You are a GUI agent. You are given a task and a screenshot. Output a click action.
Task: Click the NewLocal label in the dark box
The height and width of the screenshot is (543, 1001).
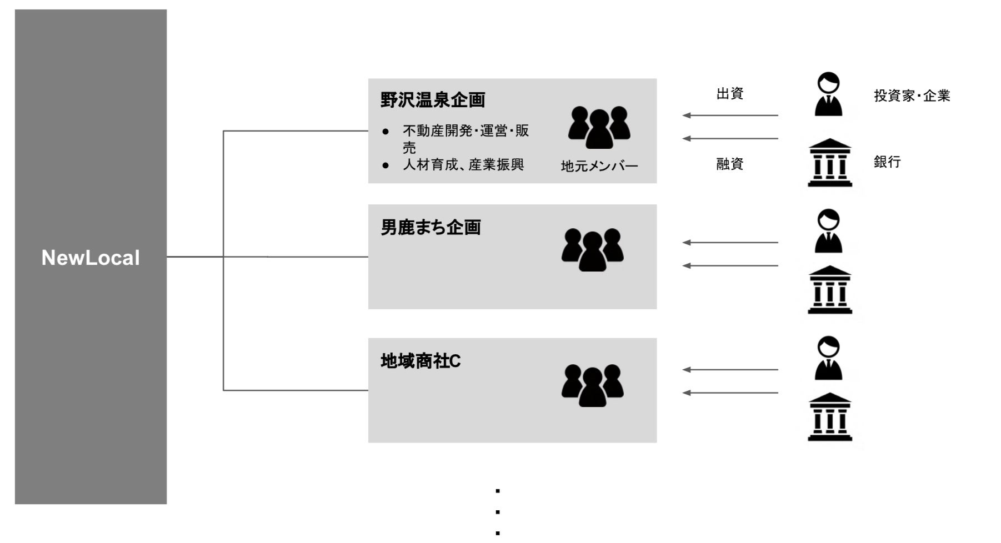click(x=91, y=258)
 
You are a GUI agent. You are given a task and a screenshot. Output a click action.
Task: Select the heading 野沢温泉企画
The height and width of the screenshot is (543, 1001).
click(x=433, y=100)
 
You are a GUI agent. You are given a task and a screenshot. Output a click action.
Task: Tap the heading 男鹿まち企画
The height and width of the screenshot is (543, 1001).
click(x=431, y=227)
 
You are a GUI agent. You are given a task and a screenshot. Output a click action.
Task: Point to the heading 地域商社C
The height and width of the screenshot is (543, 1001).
click(x=421, y=361)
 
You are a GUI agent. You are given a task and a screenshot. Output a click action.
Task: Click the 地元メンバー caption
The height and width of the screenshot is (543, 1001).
click(x=599, y=166)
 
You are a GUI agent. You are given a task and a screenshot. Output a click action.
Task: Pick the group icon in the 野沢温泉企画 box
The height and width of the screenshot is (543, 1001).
click(x=599, y=127)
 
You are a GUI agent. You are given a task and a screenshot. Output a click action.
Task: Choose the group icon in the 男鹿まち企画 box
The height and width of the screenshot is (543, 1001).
click(x=592, y=249)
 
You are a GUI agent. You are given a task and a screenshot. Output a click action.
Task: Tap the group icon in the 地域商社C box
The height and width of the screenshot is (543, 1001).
click(x=592, y=385)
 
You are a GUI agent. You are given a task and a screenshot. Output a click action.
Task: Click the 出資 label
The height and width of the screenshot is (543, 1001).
click(x=729, y=94)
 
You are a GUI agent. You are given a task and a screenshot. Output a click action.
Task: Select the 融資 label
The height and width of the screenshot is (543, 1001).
click(x=729, y=164)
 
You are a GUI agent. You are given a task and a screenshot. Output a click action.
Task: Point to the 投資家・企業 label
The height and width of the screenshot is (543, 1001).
click(x=912, y=96)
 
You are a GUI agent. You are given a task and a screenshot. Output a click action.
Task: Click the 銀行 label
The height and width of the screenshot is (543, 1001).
click(x=887, y=162)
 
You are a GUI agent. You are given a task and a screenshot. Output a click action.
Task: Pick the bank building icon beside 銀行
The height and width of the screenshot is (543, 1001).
click(x=829, y=163)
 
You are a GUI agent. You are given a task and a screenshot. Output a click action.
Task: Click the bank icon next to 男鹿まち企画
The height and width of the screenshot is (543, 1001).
click(x=829, y=290)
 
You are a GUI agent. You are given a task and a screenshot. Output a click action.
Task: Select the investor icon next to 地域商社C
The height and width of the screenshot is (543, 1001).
click(x=828, y=358)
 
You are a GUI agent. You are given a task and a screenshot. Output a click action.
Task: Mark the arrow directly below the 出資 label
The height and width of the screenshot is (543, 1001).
click(x=730, y=115)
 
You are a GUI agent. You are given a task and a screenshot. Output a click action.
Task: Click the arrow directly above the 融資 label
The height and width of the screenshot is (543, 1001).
click(x=730, y=138)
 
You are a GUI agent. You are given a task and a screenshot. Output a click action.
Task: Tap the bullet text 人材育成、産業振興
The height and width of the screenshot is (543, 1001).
click(x=463, y=164)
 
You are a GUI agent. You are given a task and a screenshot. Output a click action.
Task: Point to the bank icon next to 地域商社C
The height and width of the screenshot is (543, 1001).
click(x=829, y=417)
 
